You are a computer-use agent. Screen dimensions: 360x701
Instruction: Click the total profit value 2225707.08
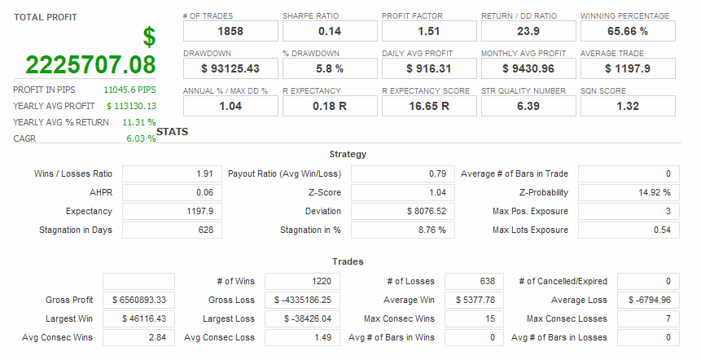(x=90, y=65)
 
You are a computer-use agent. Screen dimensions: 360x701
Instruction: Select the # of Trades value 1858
(x=230, y=31)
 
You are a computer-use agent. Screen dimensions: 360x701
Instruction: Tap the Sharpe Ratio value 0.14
(x=330, y=31)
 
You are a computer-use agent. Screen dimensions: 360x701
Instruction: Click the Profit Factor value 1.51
(x=429, y=31)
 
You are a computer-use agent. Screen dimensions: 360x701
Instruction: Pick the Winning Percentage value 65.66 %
(x=628, y=31)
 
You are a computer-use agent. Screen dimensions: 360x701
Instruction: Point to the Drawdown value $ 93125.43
(x=230, y=68)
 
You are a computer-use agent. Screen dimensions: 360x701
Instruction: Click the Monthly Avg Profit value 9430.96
(x=528, y=68)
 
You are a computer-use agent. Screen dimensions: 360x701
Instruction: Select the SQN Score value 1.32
(x=628, y=106)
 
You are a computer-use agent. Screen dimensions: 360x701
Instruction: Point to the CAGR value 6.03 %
(x=140, y=138)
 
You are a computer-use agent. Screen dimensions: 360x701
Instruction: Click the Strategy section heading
(x=348, y=154)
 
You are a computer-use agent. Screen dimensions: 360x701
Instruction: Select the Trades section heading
(x=348, y=261)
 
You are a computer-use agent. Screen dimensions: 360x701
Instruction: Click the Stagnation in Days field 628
(x=171, y=230)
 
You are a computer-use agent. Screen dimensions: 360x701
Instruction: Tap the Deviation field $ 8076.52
(x=400, y=212)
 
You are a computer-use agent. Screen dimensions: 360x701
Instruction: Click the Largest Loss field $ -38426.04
(x=301, y=319)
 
